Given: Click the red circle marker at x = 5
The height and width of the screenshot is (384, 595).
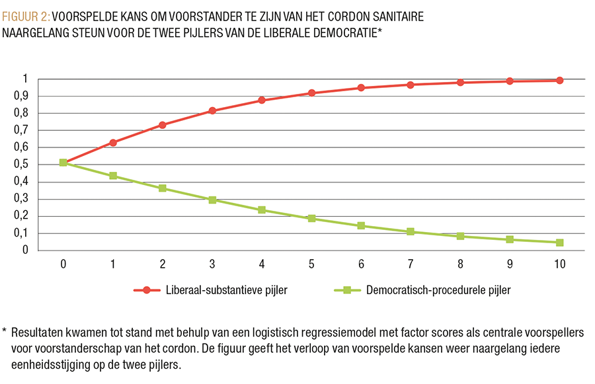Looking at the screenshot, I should point(311,93).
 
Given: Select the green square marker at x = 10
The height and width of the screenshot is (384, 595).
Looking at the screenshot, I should point(559,243).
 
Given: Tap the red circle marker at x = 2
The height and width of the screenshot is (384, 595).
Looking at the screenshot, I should point(163,125).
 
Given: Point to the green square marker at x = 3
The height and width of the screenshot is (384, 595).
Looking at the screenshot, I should point(212,200).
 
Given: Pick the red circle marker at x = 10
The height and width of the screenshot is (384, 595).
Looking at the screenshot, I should point(559,81).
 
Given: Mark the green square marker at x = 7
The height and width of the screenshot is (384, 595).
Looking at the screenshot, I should point(411,232).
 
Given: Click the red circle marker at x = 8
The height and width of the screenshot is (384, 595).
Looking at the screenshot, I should point(460,83).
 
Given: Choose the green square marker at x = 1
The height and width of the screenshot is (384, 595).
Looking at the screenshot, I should point(113,176).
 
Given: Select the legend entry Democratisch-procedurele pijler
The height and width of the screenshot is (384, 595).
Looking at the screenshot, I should point(437,289).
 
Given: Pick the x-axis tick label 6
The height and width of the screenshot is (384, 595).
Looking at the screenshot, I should point(361,264).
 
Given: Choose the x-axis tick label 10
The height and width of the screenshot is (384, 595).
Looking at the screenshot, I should point(559,264).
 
